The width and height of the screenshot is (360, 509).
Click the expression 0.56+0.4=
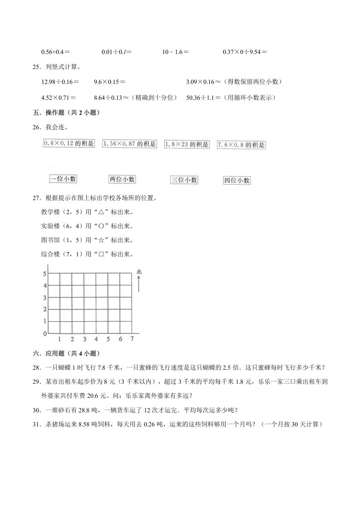tap(58, 52)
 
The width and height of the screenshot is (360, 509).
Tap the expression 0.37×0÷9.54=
tap(244, 52)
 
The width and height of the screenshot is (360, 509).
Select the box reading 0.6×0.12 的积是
tap(69, 143)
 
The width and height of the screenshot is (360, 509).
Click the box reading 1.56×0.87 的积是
tap(129, 144)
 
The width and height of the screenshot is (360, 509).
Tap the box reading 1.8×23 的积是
tap(187, 144)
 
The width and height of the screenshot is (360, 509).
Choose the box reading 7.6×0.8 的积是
tap(241, 145)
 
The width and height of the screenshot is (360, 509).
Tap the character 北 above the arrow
tap(139, 272)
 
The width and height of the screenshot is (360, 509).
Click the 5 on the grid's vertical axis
tap(44, 274)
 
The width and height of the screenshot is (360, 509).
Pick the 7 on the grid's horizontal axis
tap(132, 339)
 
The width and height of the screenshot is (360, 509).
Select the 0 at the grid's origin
tap(44, 334)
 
